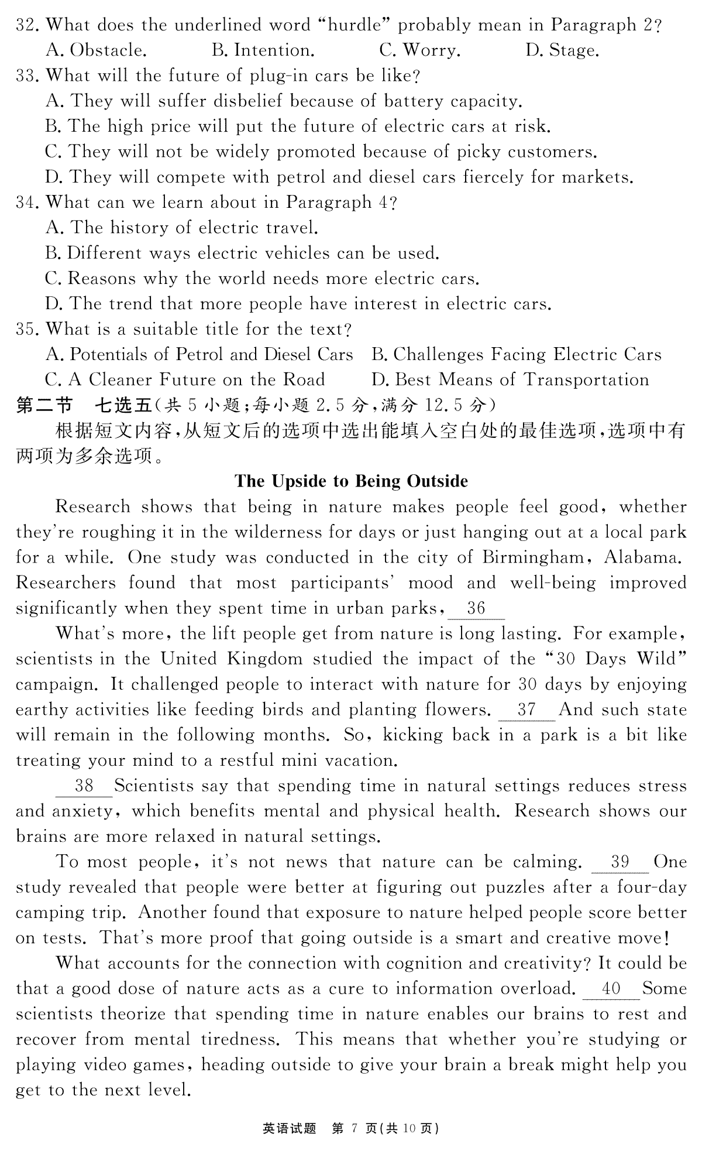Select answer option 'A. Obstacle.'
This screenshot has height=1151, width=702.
coord(96,50)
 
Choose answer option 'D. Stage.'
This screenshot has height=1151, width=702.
coord(562,50)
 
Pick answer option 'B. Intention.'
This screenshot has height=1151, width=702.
coord(263,50)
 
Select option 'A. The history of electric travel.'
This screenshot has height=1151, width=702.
coord(181,228)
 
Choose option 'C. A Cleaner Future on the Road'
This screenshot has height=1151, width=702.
coord(185,380)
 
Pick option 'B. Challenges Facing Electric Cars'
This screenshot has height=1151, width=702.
coord(516,355)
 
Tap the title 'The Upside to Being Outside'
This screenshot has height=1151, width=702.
coord(351,481)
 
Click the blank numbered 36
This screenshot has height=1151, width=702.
coord(476,609)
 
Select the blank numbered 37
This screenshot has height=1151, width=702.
coord(526,710)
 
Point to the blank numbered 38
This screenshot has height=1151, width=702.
coord(84,786)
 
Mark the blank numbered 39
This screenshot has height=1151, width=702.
coord(620,862)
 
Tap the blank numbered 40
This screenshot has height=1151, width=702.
coord(611,989)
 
